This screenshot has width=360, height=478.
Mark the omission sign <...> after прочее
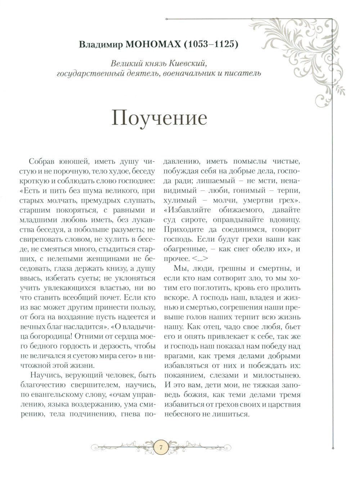coord(203,258)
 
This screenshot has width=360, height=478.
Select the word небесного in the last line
coord(181,414)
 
